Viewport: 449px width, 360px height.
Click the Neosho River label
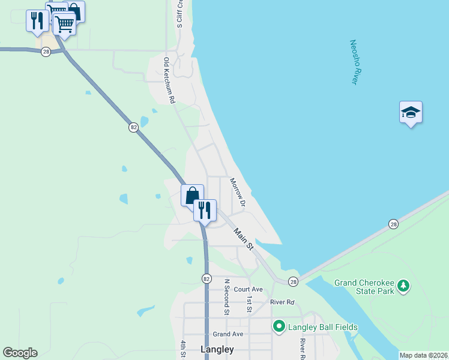tap(357, 62)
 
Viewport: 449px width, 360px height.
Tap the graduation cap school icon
tap(411, 112)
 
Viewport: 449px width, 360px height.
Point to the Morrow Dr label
tap(238, 192)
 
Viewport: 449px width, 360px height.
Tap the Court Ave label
tap(249, 289)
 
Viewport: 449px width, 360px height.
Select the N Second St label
tap(227, 296)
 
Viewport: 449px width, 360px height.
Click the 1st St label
tap(248, 304)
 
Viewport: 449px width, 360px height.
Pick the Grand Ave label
tap(228, 334)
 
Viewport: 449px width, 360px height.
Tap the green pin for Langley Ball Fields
tap(279, 326)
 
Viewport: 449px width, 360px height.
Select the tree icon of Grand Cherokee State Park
tap(405, 286)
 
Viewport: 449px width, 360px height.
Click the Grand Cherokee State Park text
tap(364, 287)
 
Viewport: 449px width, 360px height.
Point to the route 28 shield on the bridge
tap(393, 223)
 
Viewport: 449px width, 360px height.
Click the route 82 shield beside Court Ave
tap(206, 278)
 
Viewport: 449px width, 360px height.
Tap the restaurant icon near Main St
tap(205, 210)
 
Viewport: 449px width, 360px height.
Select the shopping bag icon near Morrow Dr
tap(192, 195)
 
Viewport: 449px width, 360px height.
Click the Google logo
tap(20, 353)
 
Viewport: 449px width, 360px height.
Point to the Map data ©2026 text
tap(423, 355)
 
